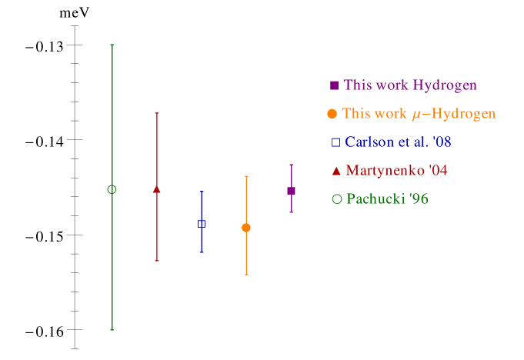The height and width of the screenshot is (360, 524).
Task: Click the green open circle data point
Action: click(x=112, y=189)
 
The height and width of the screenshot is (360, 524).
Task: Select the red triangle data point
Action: click(x=157, y=188)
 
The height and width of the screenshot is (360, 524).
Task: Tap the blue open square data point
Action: click(x=202, y=224)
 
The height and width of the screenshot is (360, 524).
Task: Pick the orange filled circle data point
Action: click(x=246, y=228)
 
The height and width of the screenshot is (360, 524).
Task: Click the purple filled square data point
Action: click(x=291, y=191)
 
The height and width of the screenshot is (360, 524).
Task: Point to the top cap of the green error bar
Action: click(x=112, y=45)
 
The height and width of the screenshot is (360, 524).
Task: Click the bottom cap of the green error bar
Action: click(x=112, y=330)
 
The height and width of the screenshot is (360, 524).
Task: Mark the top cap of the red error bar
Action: click(x=157, y=113)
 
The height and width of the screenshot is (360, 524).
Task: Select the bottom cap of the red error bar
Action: click(x=157, y=261)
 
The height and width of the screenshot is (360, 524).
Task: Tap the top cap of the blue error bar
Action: click(x=202, y=192)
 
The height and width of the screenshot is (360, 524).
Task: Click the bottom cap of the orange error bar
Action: click(x=246, y=275)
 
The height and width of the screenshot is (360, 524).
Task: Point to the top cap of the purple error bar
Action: click(x=291, y=165)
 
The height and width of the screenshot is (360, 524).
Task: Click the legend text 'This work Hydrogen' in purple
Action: click(x=410, y=85)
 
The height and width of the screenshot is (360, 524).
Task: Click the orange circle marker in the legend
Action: click(x=332, y=114)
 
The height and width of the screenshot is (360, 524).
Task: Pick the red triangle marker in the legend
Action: click(x=335, y=170)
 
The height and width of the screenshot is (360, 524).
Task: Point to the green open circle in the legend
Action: click(x=336, y=199)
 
